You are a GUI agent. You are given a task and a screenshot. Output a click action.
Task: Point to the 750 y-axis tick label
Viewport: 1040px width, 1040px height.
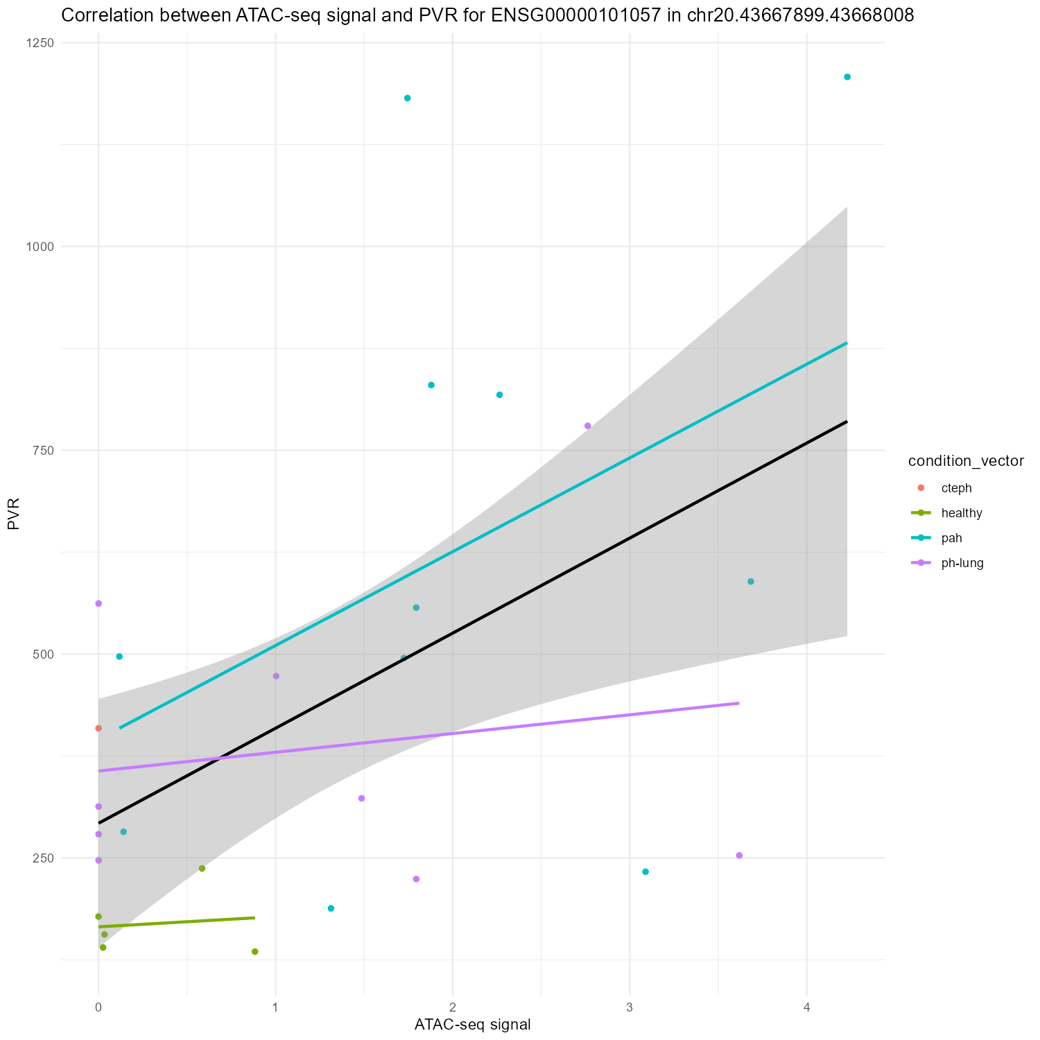(x=44, y=450)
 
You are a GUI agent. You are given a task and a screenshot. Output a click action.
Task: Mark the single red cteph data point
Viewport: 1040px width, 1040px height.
(x=98, y=728)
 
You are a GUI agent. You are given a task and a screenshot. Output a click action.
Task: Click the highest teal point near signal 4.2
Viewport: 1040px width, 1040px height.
(x=847, y=77)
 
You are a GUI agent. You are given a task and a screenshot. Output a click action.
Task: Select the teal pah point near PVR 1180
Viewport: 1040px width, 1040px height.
(x=408, y=98)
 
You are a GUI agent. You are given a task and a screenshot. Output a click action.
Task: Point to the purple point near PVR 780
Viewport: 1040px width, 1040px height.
(x=588, y=426)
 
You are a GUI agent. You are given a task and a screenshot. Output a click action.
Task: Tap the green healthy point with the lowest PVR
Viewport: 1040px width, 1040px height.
(x=255, y=951)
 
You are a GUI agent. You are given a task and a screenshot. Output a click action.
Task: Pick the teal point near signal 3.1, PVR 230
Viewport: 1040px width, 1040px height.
(x=645, y=872)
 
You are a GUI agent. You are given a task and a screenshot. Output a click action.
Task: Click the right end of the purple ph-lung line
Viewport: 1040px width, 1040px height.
(x=738, y=703)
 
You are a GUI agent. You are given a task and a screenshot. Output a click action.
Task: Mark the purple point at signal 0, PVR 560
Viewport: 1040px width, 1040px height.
(x=98, y=603)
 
